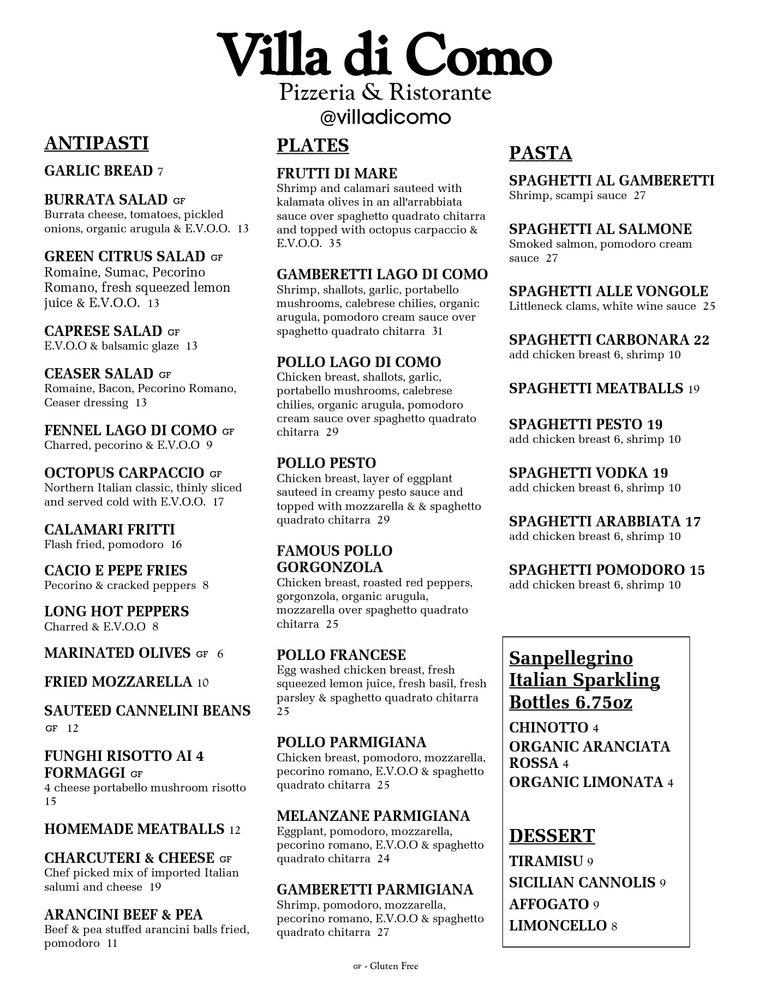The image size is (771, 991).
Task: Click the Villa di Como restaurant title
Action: (385, 55)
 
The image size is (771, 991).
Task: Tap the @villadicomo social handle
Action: (385, 117)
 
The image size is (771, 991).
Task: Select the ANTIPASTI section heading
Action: (96, 143)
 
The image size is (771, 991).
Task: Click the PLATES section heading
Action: (312, 146)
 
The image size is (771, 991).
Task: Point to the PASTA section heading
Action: (540, 153)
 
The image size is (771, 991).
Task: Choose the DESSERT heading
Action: (552, 836)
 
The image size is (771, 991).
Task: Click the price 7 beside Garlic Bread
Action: (160, 172)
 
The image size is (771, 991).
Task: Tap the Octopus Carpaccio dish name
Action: (124, 473)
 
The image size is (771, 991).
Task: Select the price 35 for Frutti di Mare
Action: (334, 243)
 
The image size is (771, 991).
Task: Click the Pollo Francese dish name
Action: (341, 655)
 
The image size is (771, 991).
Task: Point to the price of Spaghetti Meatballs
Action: (694, 389)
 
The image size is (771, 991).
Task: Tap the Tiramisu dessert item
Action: (546, 861)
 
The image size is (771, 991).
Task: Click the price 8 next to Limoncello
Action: (614, 926)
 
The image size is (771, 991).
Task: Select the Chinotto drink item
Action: (548, 728)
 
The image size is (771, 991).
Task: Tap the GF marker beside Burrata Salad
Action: (179, 201)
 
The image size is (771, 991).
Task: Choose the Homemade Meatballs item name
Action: (134, 829)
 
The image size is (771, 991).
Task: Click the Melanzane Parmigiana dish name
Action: (373, 816)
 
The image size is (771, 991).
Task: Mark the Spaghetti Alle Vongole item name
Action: (608, 291)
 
